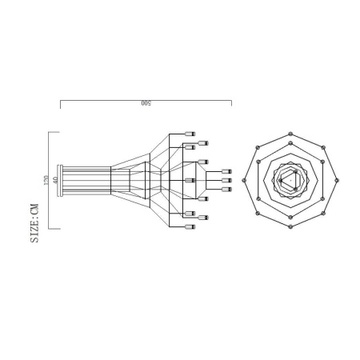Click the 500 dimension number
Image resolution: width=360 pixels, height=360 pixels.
pyautogui.click(x=146, y=104)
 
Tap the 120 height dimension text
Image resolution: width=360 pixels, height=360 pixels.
pyautogui.click(x=46, y=180)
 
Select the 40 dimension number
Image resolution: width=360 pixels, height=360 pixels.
pyautogui.click(x=55, y=180)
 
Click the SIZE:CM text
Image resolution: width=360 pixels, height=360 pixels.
pyautogui.click(x=34, y=223)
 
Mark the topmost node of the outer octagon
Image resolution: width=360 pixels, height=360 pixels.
pyautogui.click(x=290, y=133)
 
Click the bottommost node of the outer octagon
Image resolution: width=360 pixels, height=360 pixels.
pyautogui.click(x=290, y=226)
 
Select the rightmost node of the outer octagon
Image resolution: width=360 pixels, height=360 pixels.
pyautogui.click(x=337, y=180)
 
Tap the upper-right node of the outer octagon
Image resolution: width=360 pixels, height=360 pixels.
pyautogui.click(x=322, y=147)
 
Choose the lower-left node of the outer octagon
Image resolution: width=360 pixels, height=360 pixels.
pyautogui.click(x=257, y=213)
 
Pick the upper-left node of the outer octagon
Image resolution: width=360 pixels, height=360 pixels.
pyautogui.click(x=257, y=147)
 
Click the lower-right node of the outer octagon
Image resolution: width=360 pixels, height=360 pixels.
pyautogui.click(x=322, y=213)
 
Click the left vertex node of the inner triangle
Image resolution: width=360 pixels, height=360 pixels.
pyautogui.click(x=281, y=180)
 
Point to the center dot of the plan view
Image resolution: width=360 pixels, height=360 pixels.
pyautogui.click(x=291, y=180)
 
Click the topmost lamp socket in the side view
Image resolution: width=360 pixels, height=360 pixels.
pyautogui.click(x=190, y=134)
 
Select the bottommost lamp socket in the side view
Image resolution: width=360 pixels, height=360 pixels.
pyautogui.click(x=190, y=227)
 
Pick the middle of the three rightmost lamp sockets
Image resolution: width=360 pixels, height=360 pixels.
pyautogui.click(x=226, y=181)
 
